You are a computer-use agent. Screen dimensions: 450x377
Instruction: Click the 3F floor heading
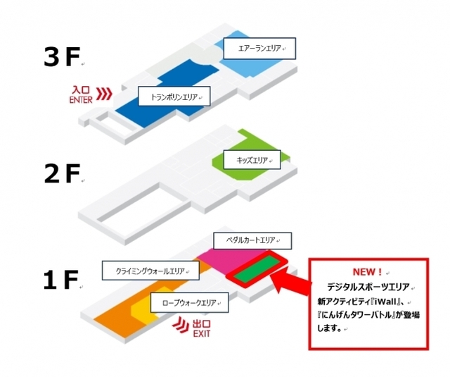(x=62, y=57)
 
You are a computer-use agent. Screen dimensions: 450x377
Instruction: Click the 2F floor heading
(x=62, y=173)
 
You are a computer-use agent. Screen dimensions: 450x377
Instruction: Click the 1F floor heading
(x=61, y=280)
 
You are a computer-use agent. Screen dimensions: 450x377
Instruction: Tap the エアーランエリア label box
(x=259, y=49)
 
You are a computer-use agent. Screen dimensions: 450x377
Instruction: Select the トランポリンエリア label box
(x=174, y=97)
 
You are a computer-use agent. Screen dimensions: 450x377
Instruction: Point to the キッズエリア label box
(x=252, y=160)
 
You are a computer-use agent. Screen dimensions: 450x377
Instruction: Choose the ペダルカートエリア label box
(x=252, y=241)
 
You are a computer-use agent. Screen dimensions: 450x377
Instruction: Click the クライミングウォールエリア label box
(x=150, y=271)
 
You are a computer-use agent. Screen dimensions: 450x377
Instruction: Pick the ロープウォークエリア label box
(x=189, y=302)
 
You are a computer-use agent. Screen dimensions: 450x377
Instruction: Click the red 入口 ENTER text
(x=81, y=94)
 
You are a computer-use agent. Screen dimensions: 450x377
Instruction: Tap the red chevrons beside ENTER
(x=104, y=94)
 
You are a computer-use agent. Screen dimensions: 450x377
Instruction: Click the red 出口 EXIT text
(x=202, y=328)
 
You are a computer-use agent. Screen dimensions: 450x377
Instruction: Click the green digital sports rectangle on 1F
(x=256, y=269)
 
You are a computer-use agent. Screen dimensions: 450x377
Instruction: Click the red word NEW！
(x=367, y=272)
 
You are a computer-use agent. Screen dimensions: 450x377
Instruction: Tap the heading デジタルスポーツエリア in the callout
(x=368, y=287)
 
